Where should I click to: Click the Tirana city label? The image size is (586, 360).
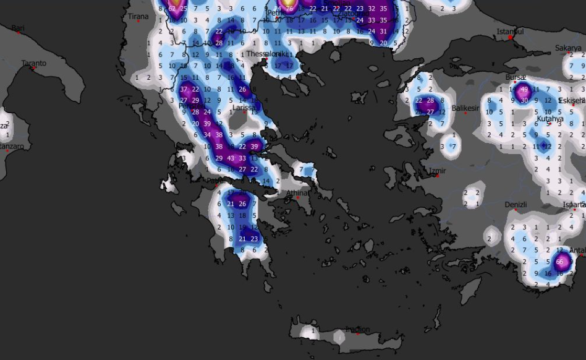(x=138, y=17)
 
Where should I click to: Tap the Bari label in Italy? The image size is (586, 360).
(x=18, y=28)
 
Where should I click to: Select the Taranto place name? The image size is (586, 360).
(x=34, y=63)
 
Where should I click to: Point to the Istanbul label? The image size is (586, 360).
(x=511, y=32)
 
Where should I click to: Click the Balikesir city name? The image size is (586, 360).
(x=465, y=108)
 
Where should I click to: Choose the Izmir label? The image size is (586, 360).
(x=437, y=171)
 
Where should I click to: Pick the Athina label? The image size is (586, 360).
(x=297, y=193)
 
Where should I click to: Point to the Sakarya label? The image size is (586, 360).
(x=567, y=48)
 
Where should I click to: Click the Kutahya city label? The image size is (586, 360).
(x=550, y=118)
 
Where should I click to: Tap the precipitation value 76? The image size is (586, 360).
(x=288, y=8)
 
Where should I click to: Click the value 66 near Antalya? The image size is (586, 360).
(x=559, y=262)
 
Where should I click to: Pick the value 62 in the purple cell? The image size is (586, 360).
(x=172, y=9)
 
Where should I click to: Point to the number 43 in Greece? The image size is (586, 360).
(x=231, y=158)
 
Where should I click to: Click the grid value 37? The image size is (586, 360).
(x=184, y=89)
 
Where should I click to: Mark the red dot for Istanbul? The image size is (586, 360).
(x=511, y=38)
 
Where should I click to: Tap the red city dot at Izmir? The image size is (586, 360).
(x=438, y=176)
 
